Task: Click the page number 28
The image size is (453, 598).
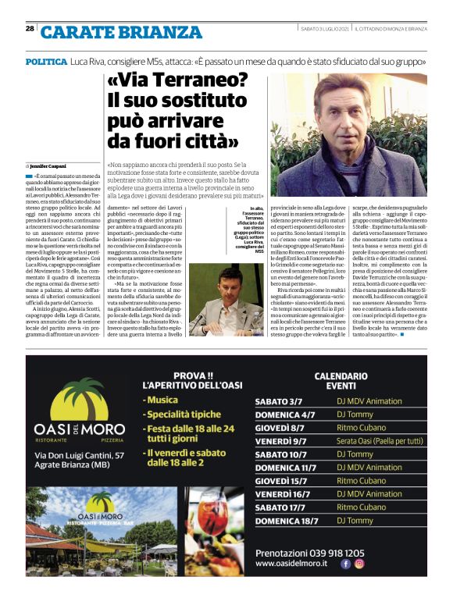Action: point(29,28)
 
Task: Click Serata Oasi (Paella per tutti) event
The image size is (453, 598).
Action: point(380,441)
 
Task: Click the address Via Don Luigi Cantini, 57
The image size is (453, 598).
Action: point(77,454)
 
